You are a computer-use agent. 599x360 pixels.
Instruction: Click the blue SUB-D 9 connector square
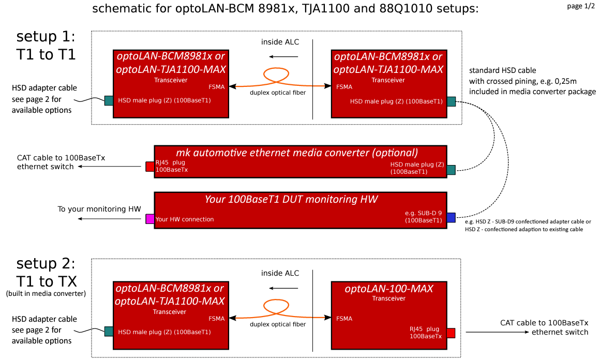(x=451, y=218)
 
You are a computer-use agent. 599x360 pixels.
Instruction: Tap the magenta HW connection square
(x=150, y=219)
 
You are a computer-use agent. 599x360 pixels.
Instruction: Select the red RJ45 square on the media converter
(x=150, y=167)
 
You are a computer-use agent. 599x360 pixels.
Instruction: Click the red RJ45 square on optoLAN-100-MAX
(x=451, y=333)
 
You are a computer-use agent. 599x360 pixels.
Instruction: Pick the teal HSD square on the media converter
(x=451, y=169)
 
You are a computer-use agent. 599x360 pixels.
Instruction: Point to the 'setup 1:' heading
(x=46, y=37)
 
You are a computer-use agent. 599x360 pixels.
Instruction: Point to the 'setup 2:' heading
(x=46, y=264)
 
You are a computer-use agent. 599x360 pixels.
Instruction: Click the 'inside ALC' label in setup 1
(x=280, y=42)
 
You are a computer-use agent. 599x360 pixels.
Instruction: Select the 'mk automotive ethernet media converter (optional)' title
(x=297, y=153)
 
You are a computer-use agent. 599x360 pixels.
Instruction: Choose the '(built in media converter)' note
(x=46, y=294)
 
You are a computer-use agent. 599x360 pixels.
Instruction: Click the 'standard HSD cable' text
(x=502, y=70)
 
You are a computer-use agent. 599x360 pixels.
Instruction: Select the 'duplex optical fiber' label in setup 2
(x=278, y=324)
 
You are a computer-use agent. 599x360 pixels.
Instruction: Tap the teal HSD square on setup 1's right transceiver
(x=451, y=101)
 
